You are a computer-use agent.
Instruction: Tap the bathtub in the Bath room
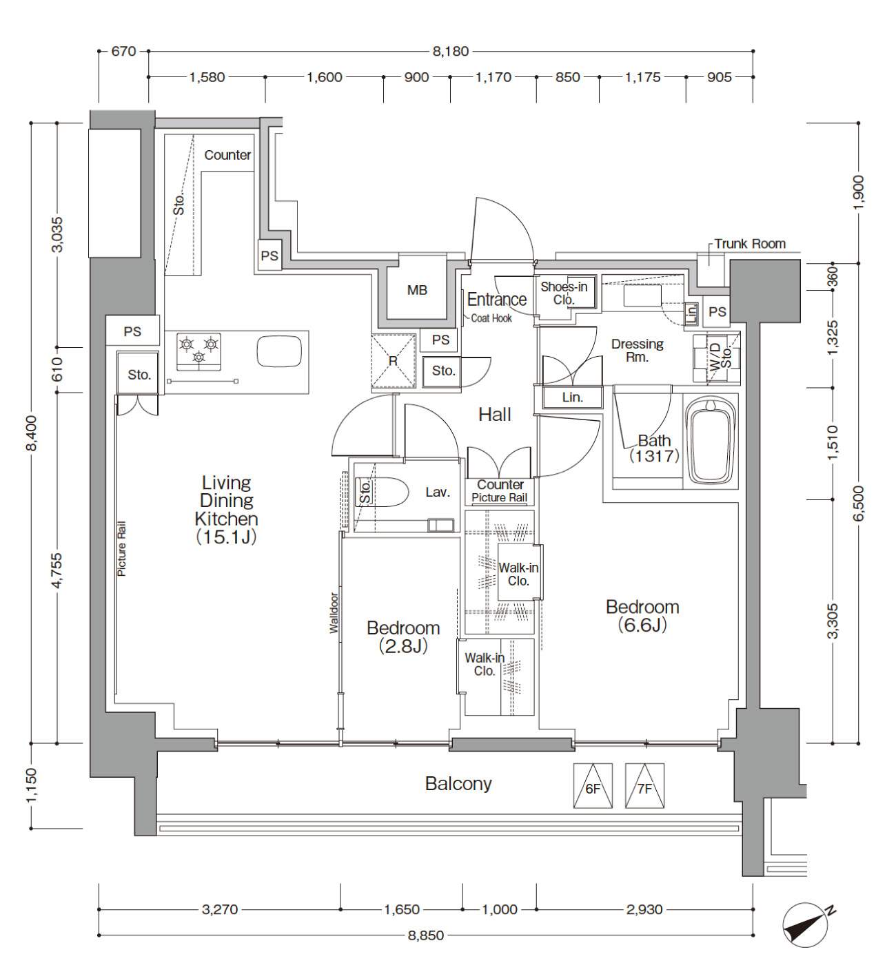pos(711,441)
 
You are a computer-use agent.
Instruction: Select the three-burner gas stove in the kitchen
pos(198,352)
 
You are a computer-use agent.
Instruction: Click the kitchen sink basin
pos(279,351)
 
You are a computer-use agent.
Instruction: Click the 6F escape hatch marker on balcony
pos(593,786)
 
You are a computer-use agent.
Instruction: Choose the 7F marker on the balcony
pos(645,786)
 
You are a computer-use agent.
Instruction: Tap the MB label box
pos(417,290)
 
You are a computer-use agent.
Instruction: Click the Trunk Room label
pos(750,244)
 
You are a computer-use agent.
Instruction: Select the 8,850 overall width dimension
pos(426,935)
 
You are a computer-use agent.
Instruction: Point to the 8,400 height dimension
pos(32,433)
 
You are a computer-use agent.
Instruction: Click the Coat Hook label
pos(491,318)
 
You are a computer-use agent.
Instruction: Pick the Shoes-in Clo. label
pos(564,293)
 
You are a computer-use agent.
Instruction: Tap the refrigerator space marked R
pos(393,361)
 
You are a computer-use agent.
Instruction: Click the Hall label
pos(495,415)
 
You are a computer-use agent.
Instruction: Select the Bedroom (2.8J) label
pos(403,637)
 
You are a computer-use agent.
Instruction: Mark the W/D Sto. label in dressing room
pos(720,358)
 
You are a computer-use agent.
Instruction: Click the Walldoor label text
pos(334,613)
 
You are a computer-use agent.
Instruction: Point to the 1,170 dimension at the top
pos(493,77)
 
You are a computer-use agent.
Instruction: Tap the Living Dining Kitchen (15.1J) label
pos(227,510)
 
